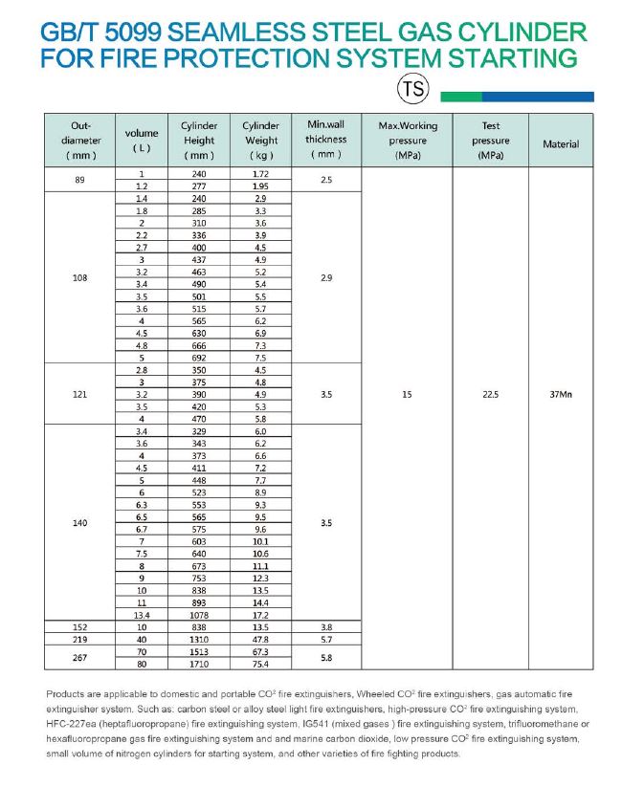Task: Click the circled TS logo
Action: tap(413, 90)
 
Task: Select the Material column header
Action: tap(561, 144)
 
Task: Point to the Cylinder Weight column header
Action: tap(260, 140)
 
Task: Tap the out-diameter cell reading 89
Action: tap(79, 180)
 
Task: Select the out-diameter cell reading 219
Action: tap(79, 639)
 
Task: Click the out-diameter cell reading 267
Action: tap(79, 658)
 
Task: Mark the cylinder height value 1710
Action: tap(199, 664)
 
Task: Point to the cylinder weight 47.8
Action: tap(260, 639)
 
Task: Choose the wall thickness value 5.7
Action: tap(326, 639)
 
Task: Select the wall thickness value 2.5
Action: tap(326, 180)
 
